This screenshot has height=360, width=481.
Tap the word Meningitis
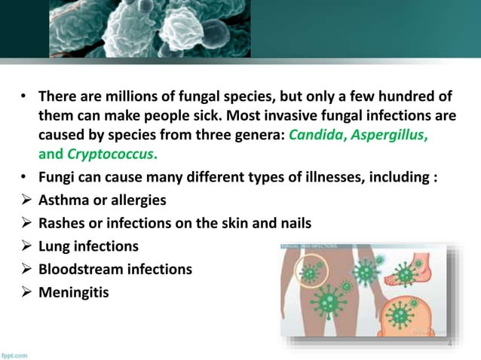tap(72, 291)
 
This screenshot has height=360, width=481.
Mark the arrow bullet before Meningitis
tap(25, 291)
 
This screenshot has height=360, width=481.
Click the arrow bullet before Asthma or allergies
tap(25, 201)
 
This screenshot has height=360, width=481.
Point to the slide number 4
tap(449, 343)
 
